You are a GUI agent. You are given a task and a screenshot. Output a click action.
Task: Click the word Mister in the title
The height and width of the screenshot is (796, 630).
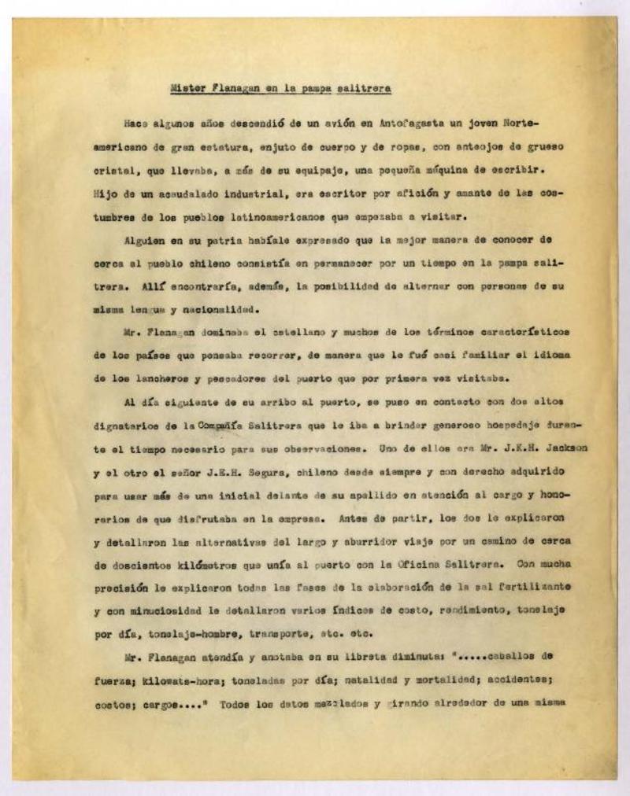coord(188,89)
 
